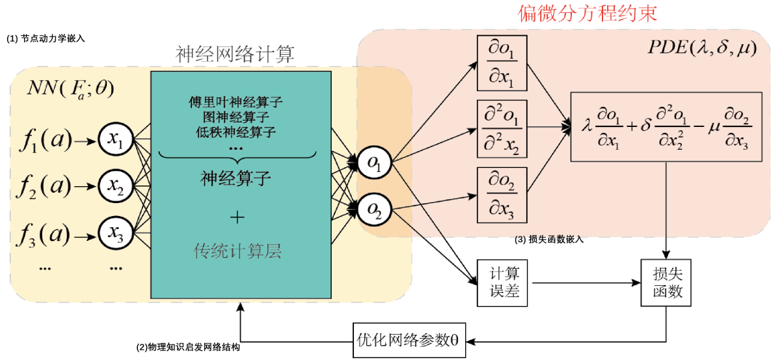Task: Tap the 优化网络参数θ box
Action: coord(410,340)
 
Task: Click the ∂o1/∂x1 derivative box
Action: coord(502,63)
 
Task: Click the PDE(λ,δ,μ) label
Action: coord(703,49)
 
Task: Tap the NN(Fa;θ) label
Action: coord(70,89)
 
